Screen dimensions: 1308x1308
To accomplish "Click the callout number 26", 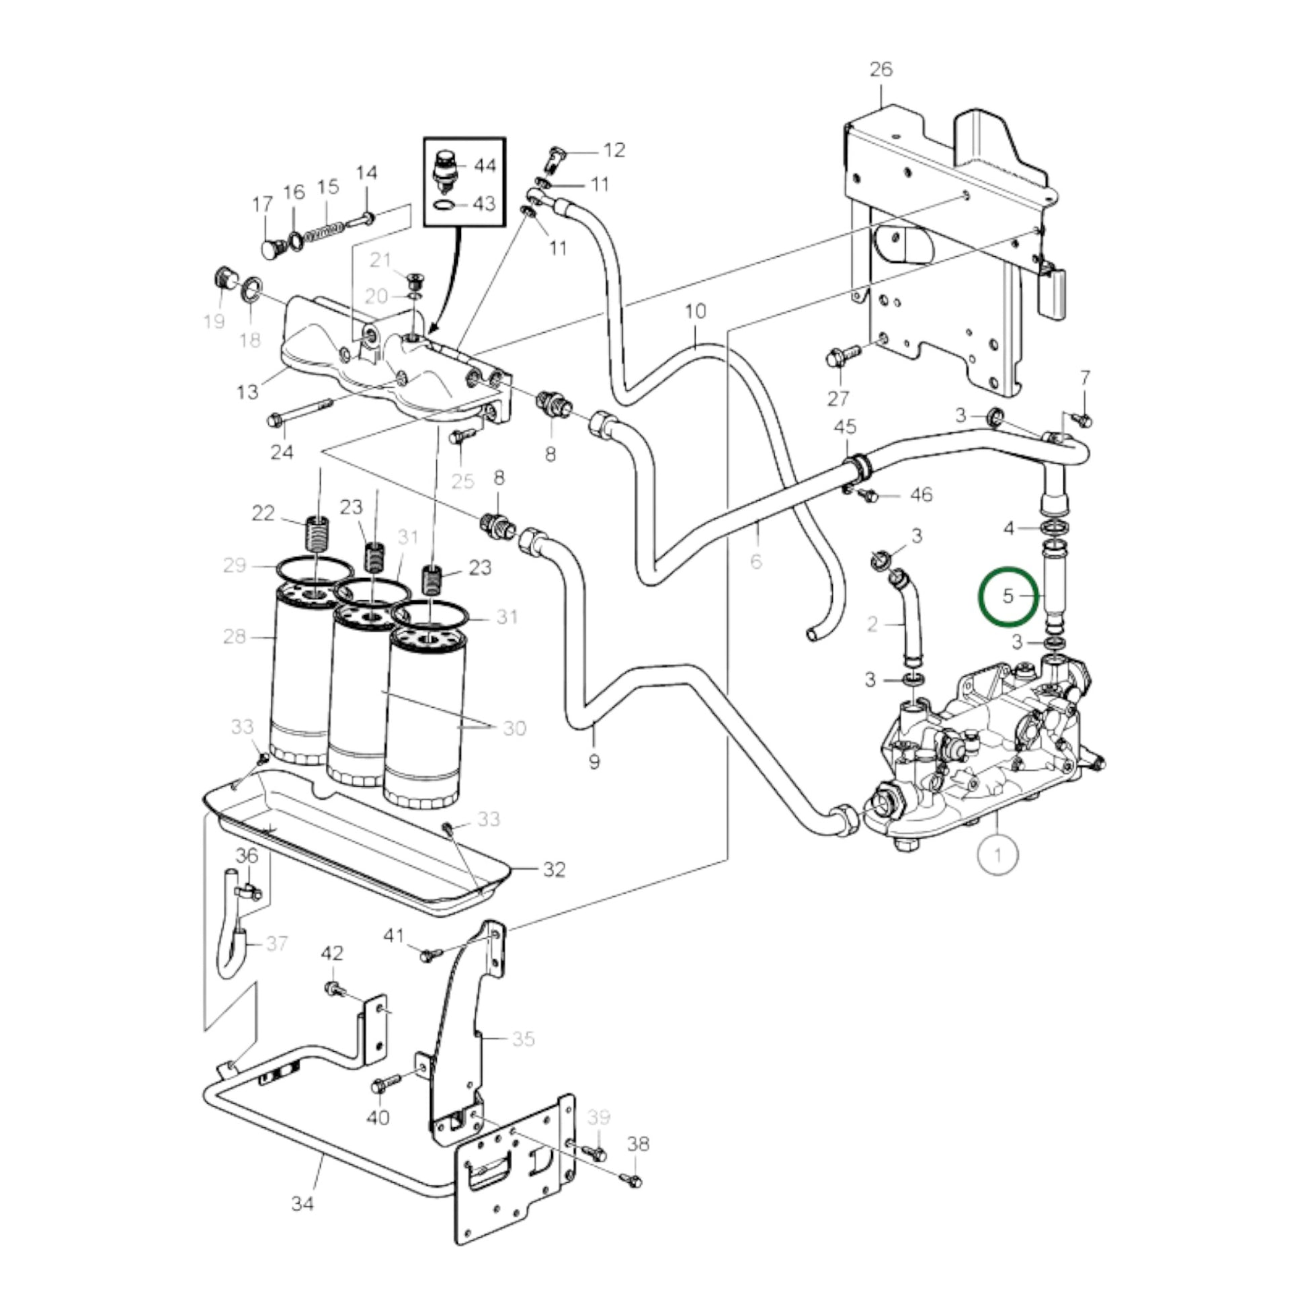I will point(881,70).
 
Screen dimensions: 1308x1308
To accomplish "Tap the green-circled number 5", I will point(1008,596).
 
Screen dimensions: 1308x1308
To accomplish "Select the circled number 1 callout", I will point(998,855).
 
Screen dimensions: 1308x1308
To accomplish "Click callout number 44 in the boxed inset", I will point(485,166).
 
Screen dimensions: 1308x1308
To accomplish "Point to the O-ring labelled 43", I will point(444,204).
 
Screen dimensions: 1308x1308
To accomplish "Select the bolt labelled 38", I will point(634,1181).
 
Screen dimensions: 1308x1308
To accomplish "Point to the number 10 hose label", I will point(695,311).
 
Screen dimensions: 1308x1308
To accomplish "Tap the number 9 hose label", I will point(594,762).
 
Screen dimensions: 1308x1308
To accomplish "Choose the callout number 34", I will point(302,1203).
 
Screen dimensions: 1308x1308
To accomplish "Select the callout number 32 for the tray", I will point(554,869).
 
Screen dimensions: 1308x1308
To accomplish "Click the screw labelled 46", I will point(868,496).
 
